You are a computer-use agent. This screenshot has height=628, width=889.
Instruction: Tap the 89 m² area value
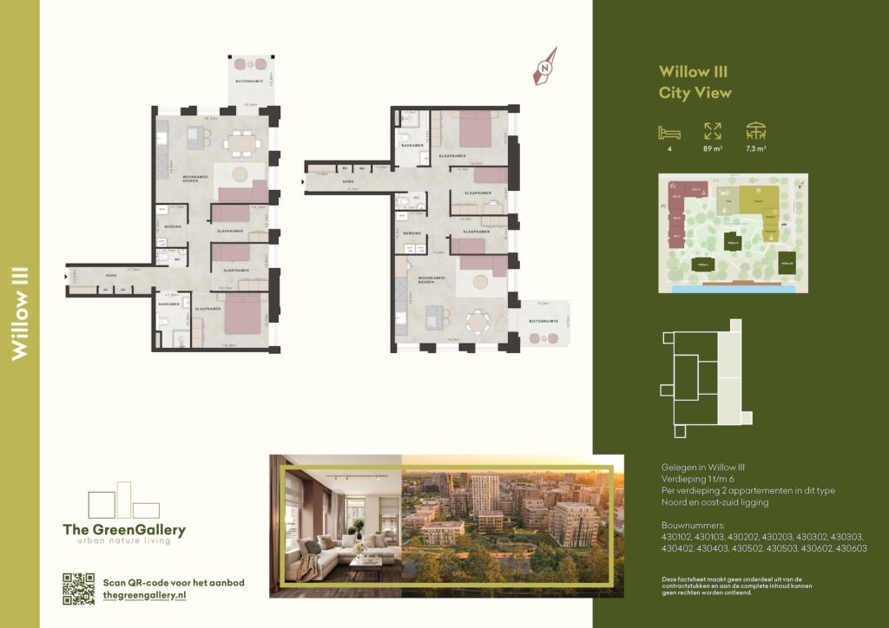pos(712,149)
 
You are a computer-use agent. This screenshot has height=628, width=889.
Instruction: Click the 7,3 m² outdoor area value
pos(756,149)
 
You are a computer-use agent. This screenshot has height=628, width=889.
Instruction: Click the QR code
pos(78,589)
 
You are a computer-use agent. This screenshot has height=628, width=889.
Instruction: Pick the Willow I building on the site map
pos(701,264)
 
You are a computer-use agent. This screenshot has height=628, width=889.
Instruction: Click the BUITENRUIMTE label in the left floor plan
pos(249,81)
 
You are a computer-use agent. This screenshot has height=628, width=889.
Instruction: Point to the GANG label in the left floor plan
pos(111,276)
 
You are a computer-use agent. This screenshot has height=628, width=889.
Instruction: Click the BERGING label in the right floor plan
pos(412,233)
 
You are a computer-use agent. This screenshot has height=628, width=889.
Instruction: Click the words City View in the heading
pos(695,93)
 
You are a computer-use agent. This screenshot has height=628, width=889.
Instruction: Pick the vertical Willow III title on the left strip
pos(20,314)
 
